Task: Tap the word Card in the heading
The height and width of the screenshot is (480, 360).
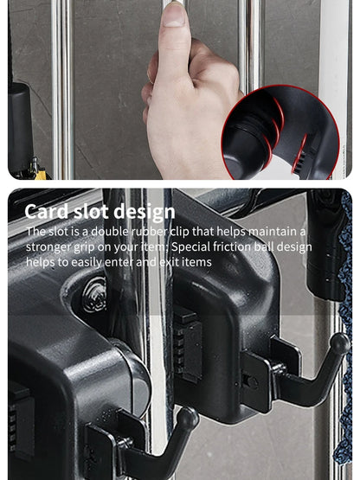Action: (47, 211)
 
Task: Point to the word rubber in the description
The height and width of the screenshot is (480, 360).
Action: (149, 232)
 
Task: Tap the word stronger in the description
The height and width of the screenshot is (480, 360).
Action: (48, 247)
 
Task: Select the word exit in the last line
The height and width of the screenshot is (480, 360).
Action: (169, 262)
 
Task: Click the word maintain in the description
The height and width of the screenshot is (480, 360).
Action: (272, 232)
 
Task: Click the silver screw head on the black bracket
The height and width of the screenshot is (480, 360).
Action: (94, 294)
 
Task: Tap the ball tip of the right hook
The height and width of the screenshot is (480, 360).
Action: (340, 342)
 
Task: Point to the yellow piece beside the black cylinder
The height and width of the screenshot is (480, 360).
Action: (40, 175)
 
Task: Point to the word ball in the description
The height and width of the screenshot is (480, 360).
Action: (264, 246)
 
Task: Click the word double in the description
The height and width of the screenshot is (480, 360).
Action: (110, 232)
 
